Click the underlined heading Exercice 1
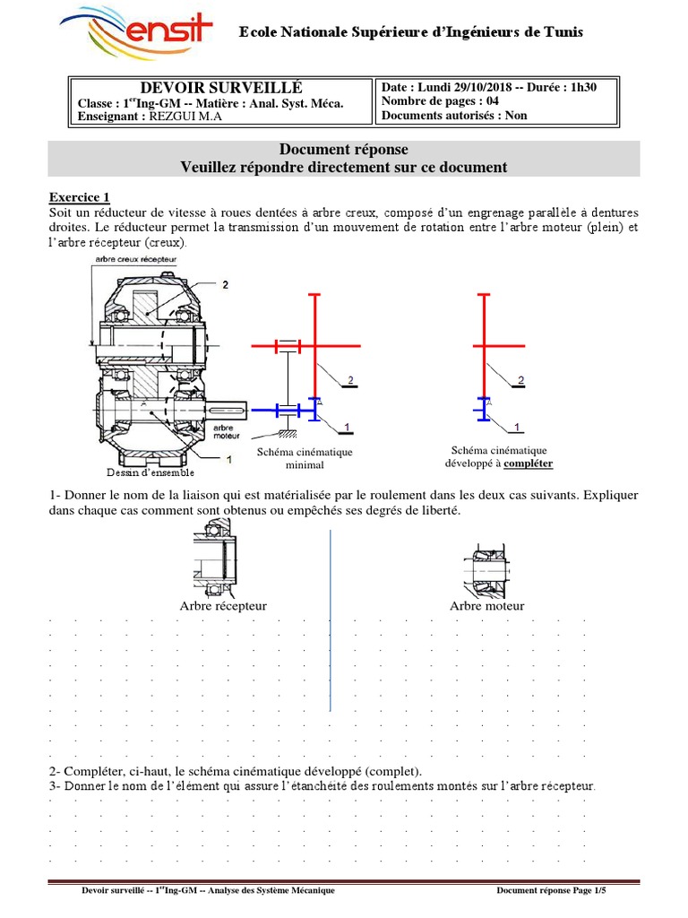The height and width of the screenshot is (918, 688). (x=80, y=197)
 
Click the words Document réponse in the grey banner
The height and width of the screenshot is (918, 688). (x=344, y=150)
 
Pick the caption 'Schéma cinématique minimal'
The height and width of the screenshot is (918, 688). (x=305, y=459)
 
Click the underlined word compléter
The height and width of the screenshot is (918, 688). (x=528, y=463)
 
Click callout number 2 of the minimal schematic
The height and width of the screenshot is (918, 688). (x=349, y=380)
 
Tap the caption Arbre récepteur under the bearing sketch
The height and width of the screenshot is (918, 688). (x=223, y=606)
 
